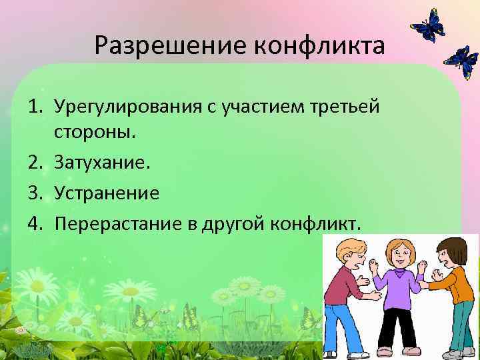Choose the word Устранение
(107, 193)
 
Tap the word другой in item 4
(235, 224)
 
